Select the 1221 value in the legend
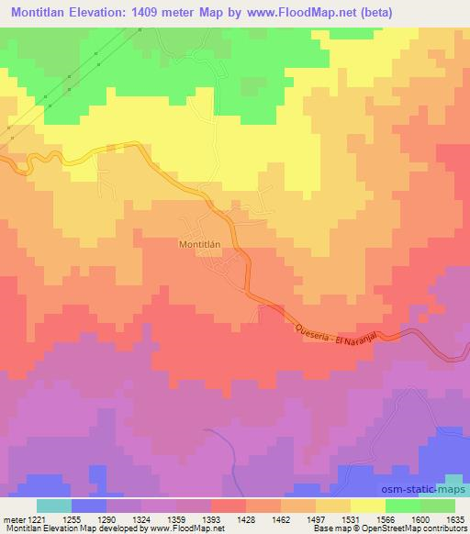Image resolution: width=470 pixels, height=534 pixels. pyautogui.click(x=30, y=519)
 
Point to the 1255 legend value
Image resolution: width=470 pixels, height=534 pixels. pyautogui.click(x=72, y=519)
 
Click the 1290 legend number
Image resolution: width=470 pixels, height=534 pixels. pyautogui.click(x=106, y=519)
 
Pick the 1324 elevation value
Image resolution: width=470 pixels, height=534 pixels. pyautogui.click(x=141, y=519)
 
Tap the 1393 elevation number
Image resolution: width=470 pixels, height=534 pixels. pyautogui.click(x=211, y=519)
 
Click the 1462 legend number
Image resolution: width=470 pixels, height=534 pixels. pyautogui.click(x=281, y=519)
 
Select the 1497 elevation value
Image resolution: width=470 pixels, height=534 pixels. pyautogui.click(x=316, y=519)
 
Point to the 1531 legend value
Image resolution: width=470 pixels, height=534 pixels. pyautogui.click(x=351, y=519)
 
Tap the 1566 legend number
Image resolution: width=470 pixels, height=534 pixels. pyautogui.click(x=386, y=519)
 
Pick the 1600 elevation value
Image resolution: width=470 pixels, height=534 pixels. pyautogui.click(x=420, y=519)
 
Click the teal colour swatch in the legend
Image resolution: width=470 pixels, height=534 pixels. pyautogui.click(x=54, y=506)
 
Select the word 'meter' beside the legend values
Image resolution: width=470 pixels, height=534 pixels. pyautogui.click(x=11, y=519)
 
